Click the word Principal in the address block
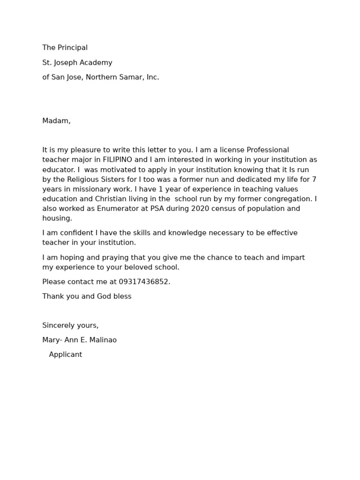point(72,48)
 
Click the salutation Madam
point(56,121)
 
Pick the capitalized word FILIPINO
point(119,160)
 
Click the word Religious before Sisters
point(87,180)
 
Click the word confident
point(74,233)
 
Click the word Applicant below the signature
point(65,355)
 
